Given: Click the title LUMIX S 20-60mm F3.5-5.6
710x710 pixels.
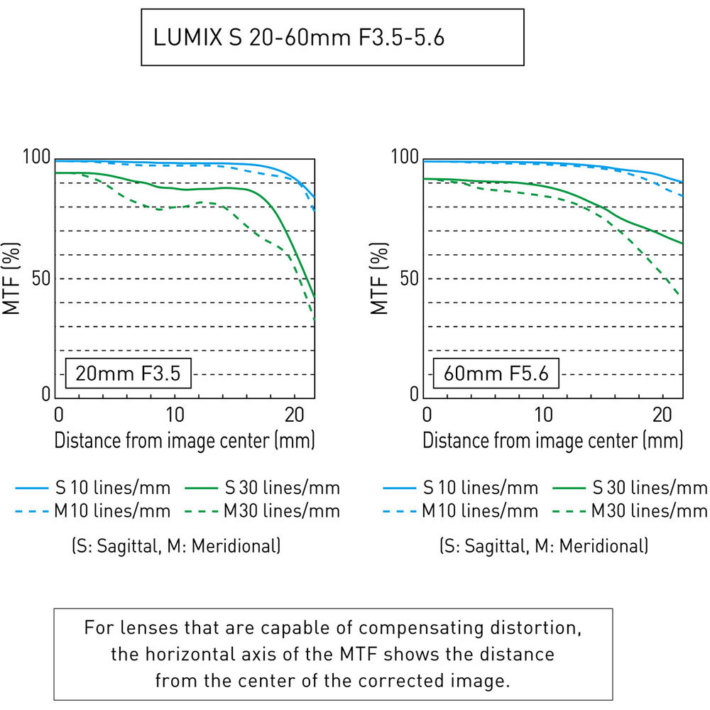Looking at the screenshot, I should click(x=299, y=38).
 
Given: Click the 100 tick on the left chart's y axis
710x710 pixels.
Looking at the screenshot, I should click(x=38, y=158).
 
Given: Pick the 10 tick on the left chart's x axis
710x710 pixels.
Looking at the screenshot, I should click(x=176, y=413).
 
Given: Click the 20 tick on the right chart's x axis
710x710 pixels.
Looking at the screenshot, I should click(x=662, y=413).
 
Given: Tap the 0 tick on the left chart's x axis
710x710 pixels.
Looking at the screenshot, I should click(x=58, y=413).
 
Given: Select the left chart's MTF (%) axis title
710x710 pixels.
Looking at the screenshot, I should click(x=13, y=278).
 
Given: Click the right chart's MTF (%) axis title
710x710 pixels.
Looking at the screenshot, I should click(x=381, y=278).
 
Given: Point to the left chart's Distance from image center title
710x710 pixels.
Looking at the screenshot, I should click(x=185, y=440).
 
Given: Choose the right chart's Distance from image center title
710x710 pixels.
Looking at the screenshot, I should click(x=552, y=440).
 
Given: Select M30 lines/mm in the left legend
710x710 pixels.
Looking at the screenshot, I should click(x=283, y=510).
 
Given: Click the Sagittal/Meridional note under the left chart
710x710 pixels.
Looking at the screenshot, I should click(x=175, y=546).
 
